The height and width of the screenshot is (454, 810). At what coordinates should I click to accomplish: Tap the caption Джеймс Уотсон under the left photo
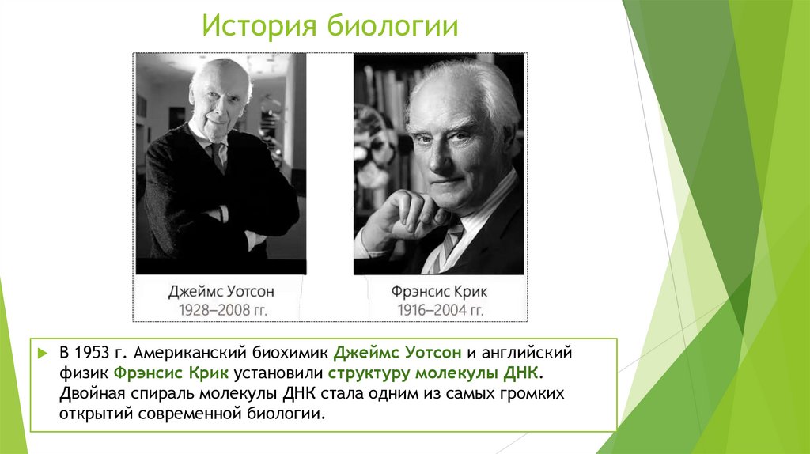[x=221, y=292]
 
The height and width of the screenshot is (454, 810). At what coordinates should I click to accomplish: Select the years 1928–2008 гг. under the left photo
[x=221, y=309]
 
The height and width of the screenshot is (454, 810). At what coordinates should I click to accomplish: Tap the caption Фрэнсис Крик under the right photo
[x=439, y=292]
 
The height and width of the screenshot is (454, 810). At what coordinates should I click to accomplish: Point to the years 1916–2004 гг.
[x=439, y=309]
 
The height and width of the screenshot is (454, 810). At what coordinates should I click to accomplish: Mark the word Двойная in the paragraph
[x=87, y=393]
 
